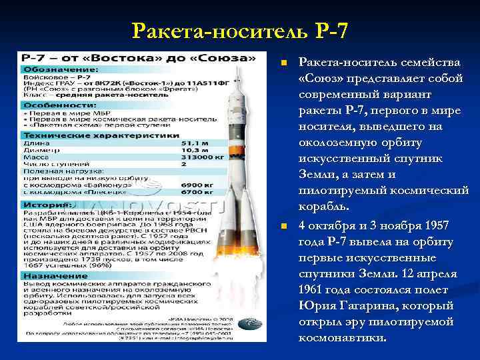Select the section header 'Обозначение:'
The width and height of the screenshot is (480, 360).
[x=62, y=69]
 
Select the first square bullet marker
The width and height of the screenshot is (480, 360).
[x=283, y=63]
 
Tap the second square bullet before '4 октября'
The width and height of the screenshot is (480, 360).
[x=283, y=227]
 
